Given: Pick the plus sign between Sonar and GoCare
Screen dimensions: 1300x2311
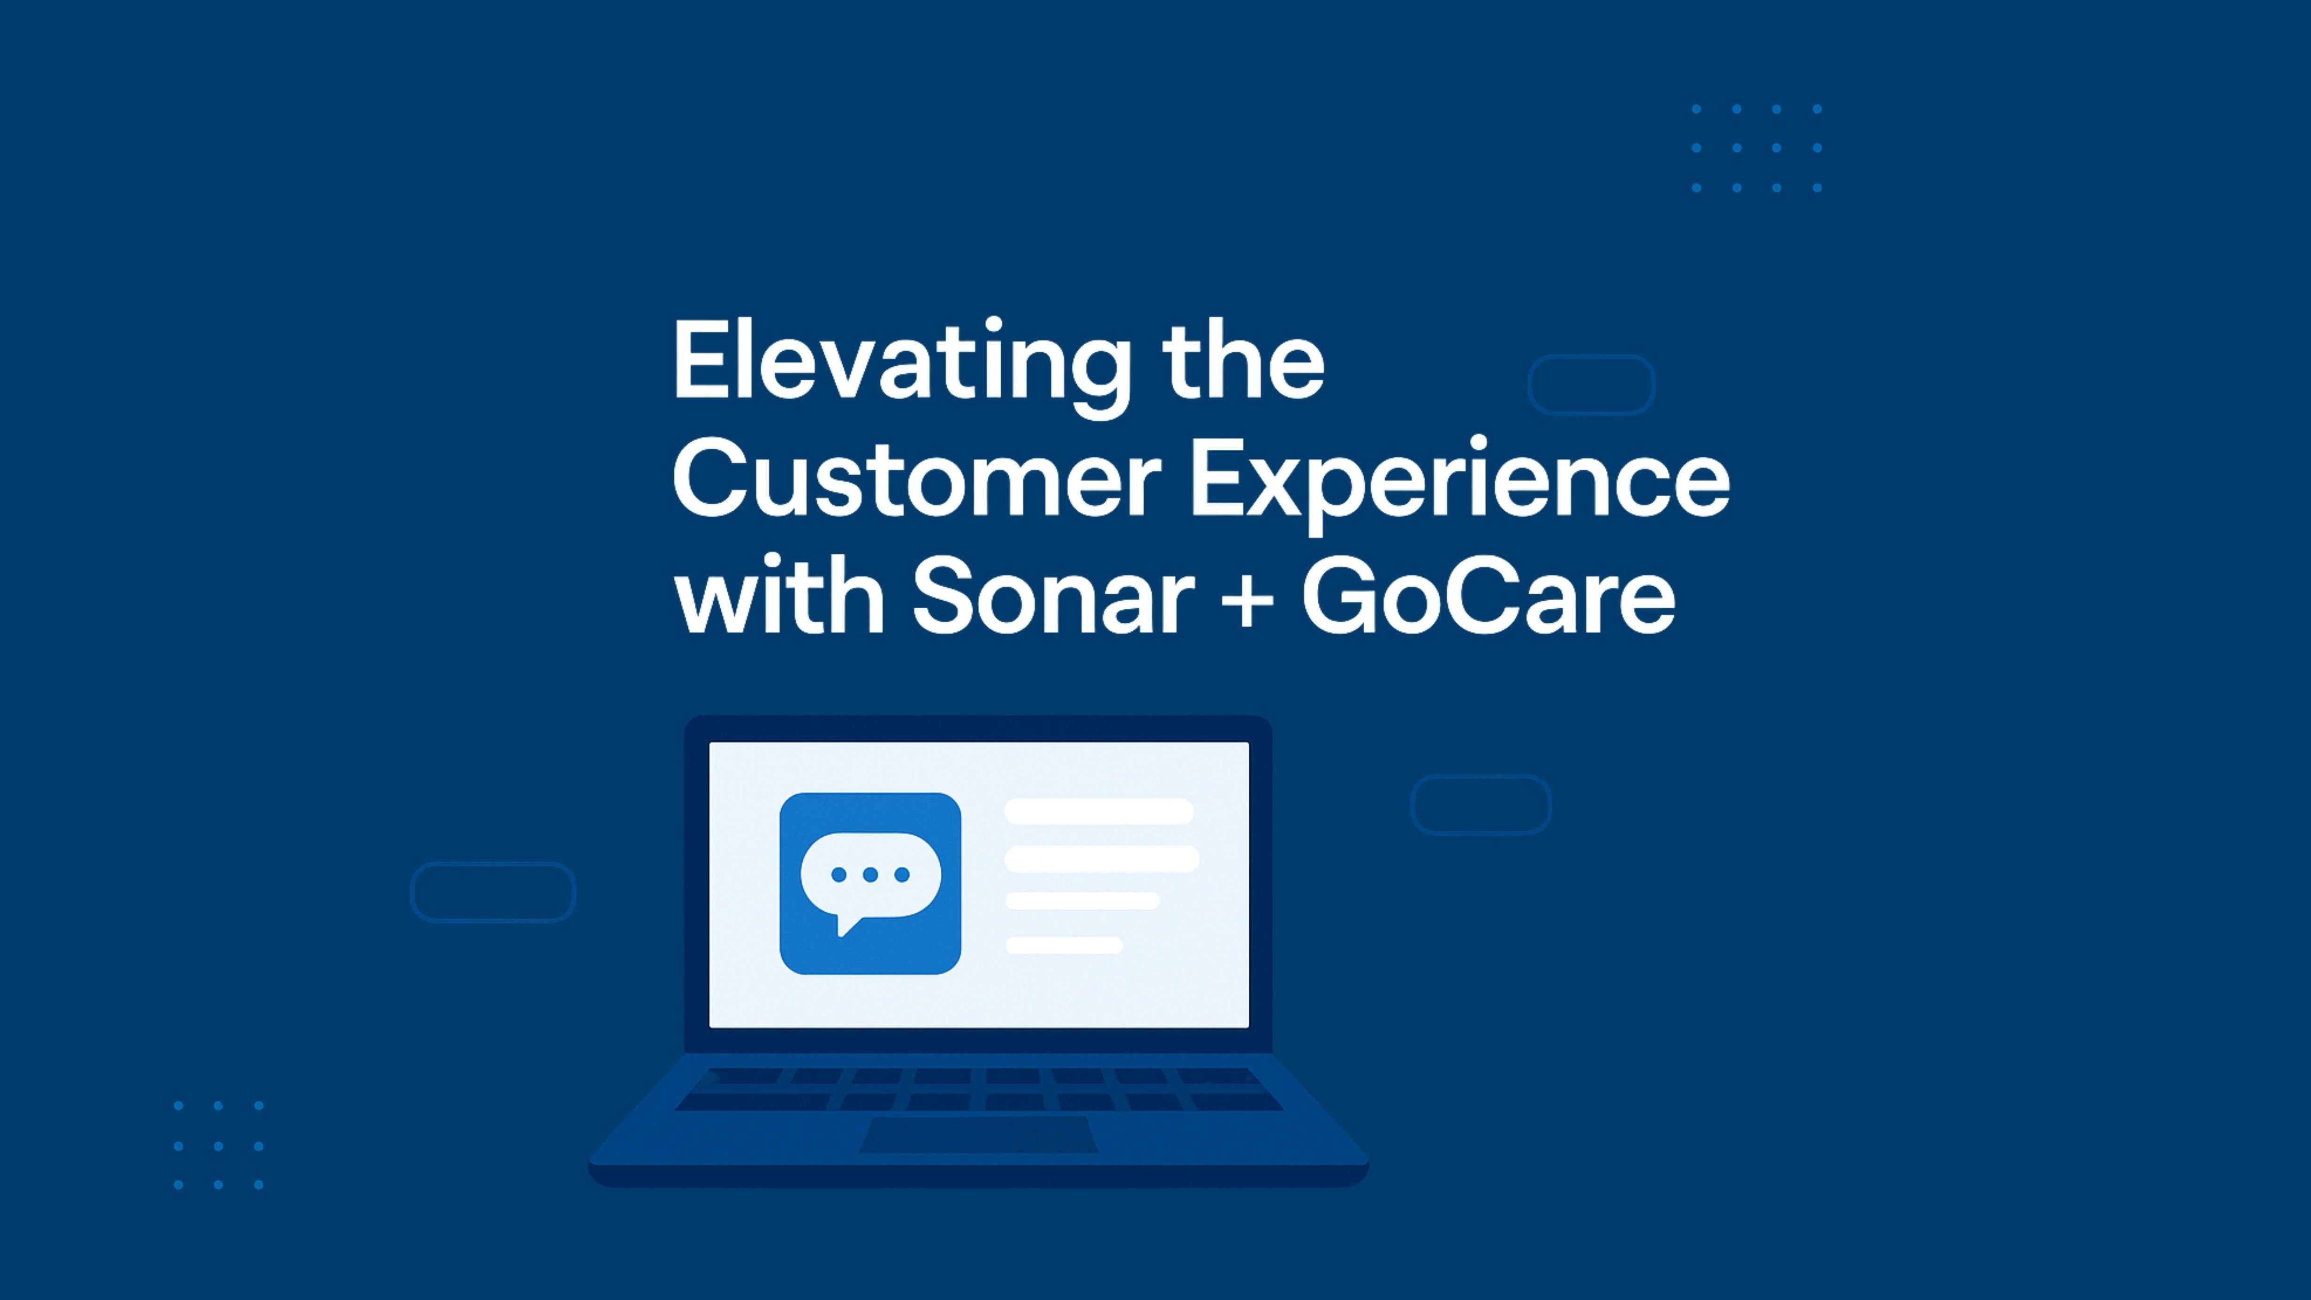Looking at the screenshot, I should (x=1247, y=599).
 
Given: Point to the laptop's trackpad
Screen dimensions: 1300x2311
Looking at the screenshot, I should (x=978, y=1135).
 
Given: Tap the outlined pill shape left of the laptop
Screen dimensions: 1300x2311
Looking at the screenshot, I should (x=492, y=892).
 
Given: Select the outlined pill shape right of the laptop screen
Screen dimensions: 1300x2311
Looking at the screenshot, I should (x=1480, y=805).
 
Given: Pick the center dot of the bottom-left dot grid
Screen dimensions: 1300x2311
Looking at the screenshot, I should (x=218, y=1146).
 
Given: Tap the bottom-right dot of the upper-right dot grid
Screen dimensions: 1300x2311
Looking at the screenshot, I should (x=1817, y=188).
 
